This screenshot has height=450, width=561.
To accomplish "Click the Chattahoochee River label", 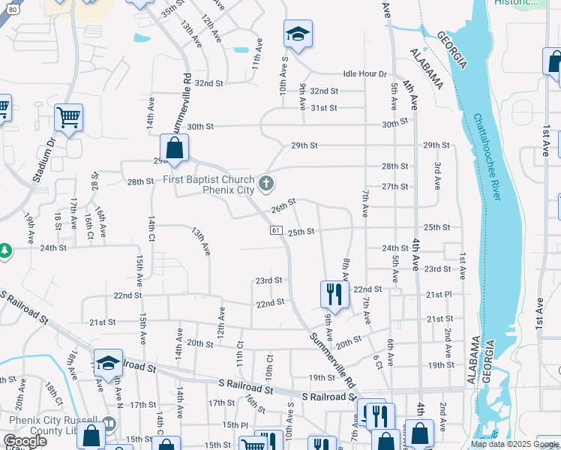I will click(487, 157).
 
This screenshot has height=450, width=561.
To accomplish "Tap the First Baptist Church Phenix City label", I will click(209, 184).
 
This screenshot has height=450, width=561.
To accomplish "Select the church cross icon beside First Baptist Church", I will click(265, 183).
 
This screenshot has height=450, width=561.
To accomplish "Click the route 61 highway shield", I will click(277, 230).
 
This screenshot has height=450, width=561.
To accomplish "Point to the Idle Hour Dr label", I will click(364, 74).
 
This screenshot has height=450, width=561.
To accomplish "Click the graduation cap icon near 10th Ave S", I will click(298, 34).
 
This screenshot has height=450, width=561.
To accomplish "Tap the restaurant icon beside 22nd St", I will click(334, 293).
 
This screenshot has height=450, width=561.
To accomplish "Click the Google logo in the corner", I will click(25, 441).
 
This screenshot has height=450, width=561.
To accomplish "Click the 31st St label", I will click(324, 108).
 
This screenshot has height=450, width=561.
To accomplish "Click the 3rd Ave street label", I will click(437, 173).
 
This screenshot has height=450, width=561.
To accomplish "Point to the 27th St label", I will click(394, 187).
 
